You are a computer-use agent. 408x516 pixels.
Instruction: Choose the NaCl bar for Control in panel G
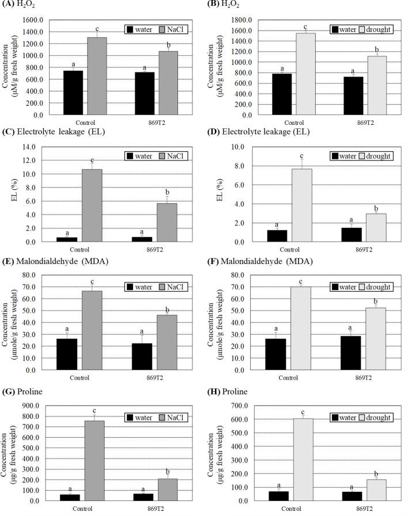tap(97, 460)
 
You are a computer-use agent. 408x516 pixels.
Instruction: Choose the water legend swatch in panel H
tap(337, 417)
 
